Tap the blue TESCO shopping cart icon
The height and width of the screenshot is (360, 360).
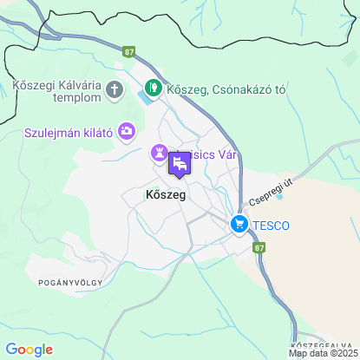tap(239, 226)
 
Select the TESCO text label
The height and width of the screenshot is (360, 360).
tap(272, 226)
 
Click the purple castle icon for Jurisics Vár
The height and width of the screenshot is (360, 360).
tap(160, 153)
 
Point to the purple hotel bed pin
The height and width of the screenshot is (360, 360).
tap(180, 164)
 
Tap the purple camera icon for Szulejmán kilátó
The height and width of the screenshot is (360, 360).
tap(128, 131)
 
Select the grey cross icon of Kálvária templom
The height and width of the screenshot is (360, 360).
tap(115, 89)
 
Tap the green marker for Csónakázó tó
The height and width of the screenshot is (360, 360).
tap(154, 88)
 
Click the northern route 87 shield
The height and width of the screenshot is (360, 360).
tap(129, 52)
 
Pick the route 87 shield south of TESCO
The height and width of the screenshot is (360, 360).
tap(260, 247)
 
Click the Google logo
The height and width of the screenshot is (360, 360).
tap(29, 350)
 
